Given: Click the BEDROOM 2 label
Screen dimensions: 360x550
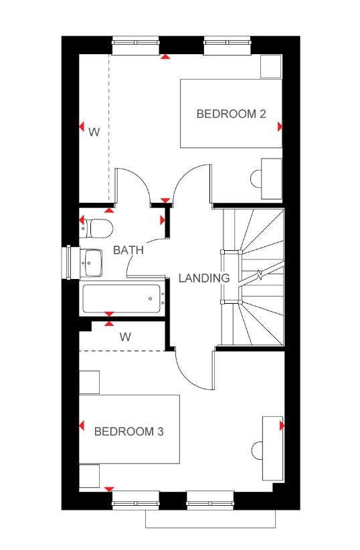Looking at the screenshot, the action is click(231, 114).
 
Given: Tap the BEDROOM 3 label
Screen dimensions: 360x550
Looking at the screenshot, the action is click(128, 431).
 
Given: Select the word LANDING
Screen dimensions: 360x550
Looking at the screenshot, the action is click(204, 278).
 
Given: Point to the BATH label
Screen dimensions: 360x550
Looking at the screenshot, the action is click(128, 250).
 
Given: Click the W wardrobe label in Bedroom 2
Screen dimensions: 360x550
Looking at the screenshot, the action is click(94, 132).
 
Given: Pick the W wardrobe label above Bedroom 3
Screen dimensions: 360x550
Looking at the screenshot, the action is click(125, 337).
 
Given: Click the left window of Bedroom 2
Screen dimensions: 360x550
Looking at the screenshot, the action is click(135, 43).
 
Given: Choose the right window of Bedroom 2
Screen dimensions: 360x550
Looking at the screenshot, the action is click(228, 43).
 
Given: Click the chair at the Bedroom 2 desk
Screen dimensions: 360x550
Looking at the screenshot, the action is click(256, 179).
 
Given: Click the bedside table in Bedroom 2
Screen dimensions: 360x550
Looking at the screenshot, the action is click(271, 66).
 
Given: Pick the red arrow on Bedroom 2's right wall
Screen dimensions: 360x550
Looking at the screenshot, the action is click(280, 126).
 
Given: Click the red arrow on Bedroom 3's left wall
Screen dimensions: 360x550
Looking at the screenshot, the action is click(82, 426).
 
